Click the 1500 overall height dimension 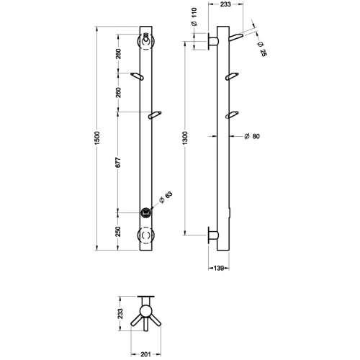pos(97,138)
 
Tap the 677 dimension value pos(119,163)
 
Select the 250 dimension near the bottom pos(118,231)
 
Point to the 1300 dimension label pos(185,138)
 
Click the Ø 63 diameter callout pos(166,198)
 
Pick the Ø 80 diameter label pos(252,136)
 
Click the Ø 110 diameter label pos(194,17)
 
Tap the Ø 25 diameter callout pos(261,49)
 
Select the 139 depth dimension pos(219,268)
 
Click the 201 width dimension pos(145,354)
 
